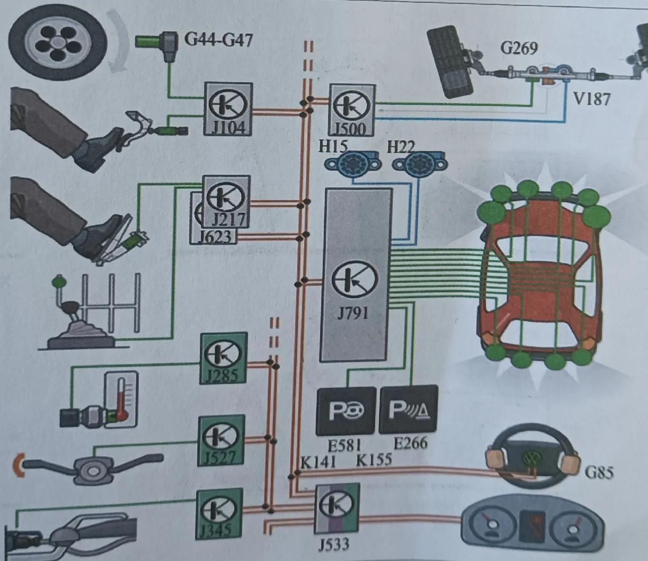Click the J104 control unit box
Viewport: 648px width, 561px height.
[x=228, y=109]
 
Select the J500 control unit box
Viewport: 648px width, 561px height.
[x=352, y=110]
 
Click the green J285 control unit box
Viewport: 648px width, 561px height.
[x=224, y=358]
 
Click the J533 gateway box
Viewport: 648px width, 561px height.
[x=337, y=508]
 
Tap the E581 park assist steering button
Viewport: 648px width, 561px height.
[x=346, y=411]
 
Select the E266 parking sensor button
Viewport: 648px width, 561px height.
[x=409, y=410]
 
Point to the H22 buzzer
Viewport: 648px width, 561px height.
[x=419, y=163]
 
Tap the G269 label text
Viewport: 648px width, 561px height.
[x=519, y=48]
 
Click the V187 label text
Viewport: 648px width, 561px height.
[x=592, y=99]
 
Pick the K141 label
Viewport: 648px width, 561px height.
[x=317, y=461]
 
